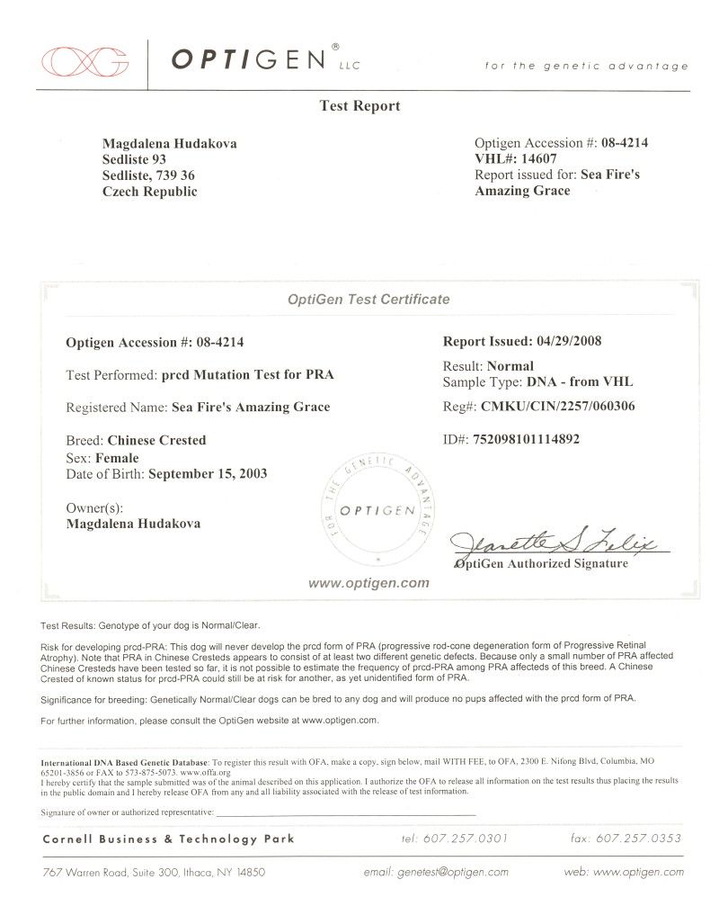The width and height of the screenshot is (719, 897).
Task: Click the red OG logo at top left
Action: (84, 60)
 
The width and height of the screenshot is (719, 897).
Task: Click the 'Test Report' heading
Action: (359, 106)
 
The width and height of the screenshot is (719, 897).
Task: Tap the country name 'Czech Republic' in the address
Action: (149, 192)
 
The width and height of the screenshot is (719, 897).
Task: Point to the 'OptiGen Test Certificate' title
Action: (368, 300)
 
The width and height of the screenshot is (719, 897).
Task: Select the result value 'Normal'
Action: (510, 366)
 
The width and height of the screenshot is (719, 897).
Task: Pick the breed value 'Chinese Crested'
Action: (156, 441)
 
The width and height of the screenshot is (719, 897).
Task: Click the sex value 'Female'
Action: (117, 458)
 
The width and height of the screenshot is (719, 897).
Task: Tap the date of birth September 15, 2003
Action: (207, 473)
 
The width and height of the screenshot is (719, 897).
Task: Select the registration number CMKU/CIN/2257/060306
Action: (558, 407)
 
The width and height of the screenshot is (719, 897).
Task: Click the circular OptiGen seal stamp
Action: (377, 510)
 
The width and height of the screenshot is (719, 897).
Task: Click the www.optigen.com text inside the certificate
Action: (368, 583)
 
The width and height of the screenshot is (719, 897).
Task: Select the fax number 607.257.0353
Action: (640, 839)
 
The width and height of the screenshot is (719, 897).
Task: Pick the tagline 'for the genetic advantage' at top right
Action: (586, 66)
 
